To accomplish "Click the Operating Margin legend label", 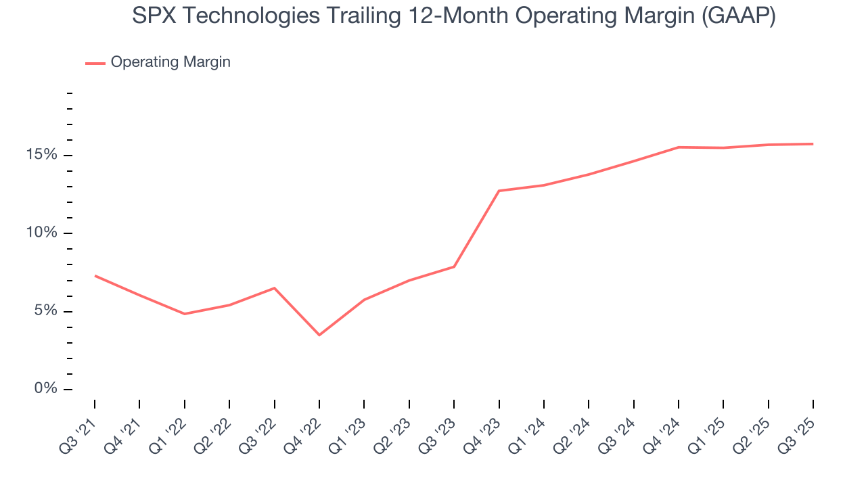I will tap(170, 62).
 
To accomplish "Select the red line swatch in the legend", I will tap(95, 63).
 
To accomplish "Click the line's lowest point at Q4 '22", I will tap(319, 335).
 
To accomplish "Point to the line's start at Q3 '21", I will tap(95, 275).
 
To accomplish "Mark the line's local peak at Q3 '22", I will tap(274, 288).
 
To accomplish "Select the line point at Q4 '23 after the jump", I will tap(499, 191).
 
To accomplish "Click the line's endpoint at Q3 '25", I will tap(813, 143).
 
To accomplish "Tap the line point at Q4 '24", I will tap(678, 147).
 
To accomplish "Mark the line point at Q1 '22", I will tap(185, 314).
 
